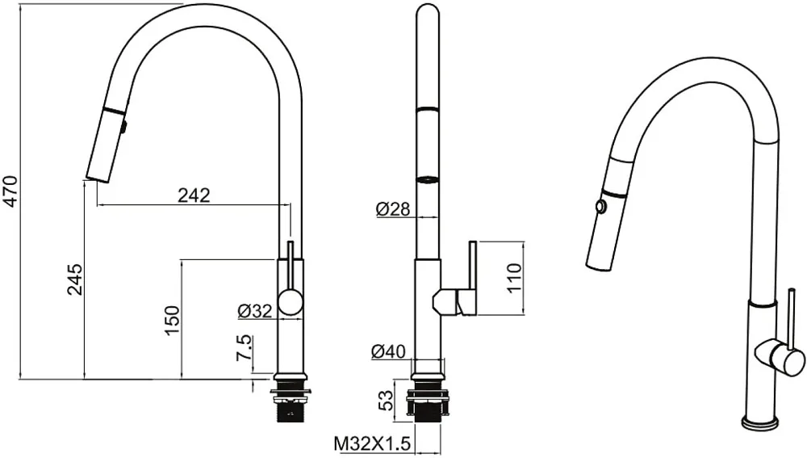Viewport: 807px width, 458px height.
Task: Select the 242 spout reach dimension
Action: coord(194,195)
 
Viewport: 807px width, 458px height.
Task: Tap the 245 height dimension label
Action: coord(74,279)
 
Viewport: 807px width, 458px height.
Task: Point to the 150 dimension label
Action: coord(173,320)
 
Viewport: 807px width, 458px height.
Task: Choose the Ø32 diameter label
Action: coord(255,311)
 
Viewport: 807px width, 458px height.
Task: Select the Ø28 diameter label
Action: coord(393,208)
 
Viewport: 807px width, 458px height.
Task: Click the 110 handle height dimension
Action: coord(514,278)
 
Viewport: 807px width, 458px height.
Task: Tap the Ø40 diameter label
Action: coord(388,351)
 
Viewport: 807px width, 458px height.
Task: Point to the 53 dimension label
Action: coord(386,401)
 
